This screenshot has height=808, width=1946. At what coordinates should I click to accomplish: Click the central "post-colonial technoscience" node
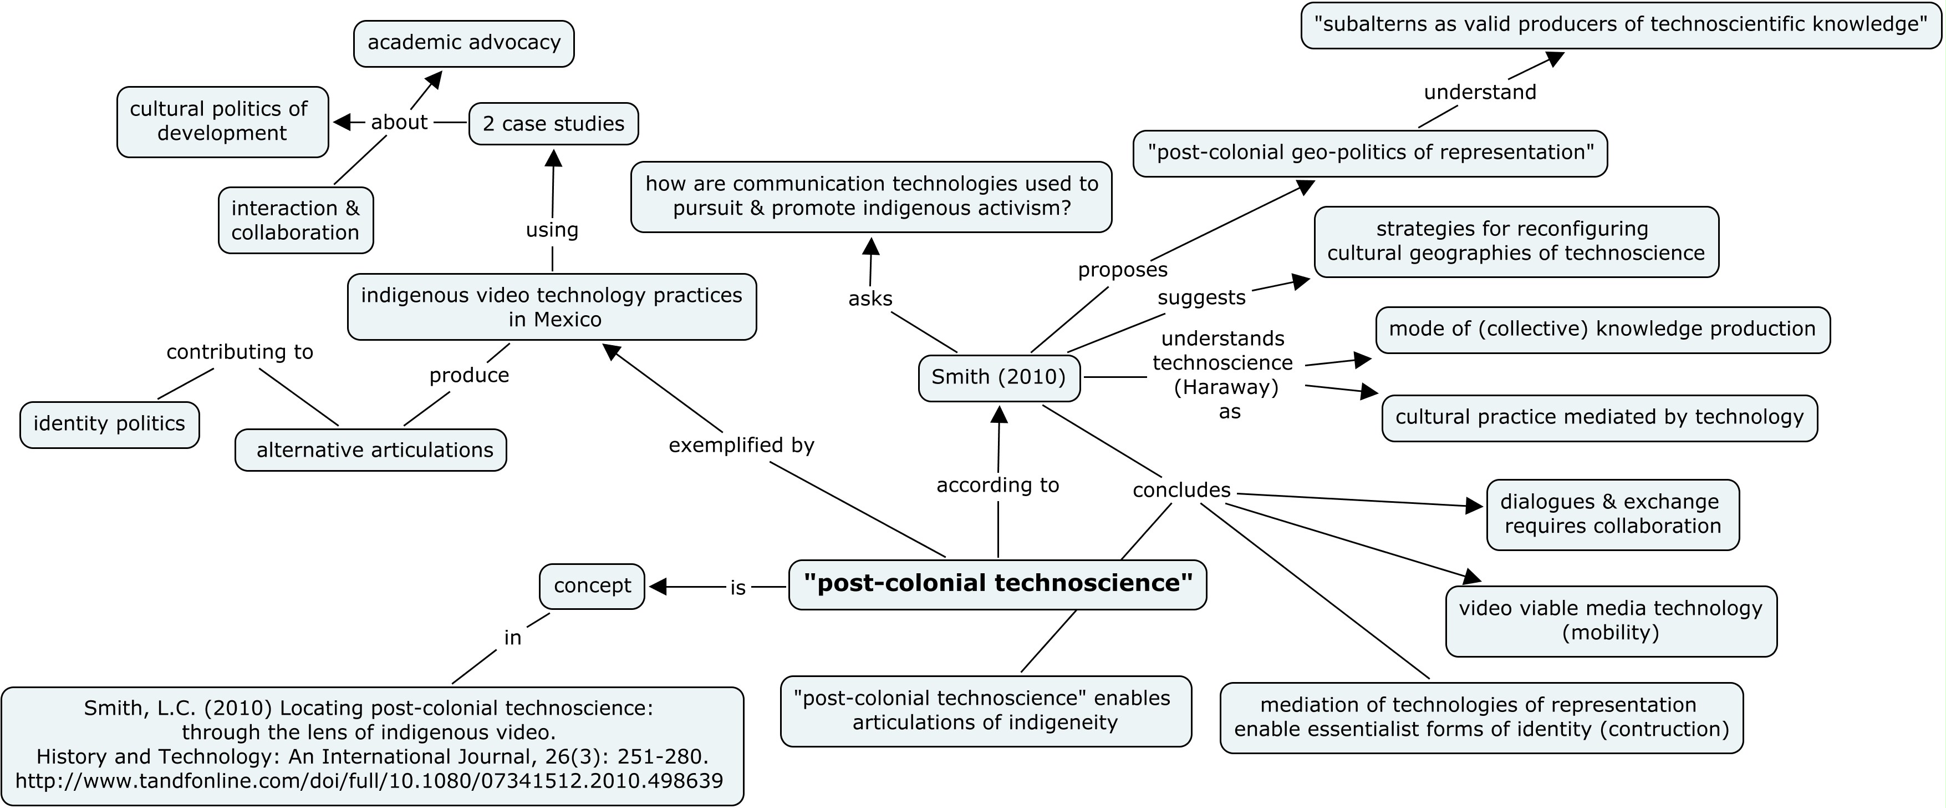(x=997, y=583)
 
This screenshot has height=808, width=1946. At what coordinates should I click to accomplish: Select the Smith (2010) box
(x=999, y=377)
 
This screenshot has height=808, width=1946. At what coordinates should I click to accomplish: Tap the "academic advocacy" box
(x=464, y=43)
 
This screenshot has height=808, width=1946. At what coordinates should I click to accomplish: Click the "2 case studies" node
(x=553, y=124)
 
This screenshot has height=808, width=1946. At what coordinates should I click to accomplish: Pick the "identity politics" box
(x=110, y=424)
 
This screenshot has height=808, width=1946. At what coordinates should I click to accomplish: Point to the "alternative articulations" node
(x=371, y=451)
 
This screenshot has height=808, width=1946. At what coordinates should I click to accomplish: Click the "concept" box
(x=592, y=586)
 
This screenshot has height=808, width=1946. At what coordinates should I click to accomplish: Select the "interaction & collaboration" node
(x=296, y=220)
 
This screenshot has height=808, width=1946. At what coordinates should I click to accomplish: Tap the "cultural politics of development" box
(x=222, y=122)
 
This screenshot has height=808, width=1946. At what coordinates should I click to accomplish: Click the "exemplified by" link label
(x=741, y=445)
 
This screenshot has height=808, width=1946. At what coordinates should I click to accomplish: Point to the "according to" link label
(x=997, y=485)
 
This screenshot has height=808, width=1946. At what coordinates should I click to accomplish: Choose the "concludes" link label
(x=1181, y=491)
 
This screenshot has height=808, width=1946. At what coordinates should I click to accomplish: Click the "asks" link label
(x=870, y=299)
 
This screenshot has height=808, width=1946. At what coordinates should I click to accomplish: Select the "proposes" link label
(x=1123, y=270)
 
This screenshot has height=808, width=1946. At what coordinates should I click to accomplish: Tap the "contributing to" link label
(x=240, y=352)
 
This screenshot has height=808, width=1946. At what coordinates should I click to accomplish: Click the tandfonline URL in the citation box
(x=369, y=781)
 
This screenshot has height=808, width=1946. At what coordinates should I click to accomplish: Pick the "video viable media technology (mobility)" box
(x=1611, y=620)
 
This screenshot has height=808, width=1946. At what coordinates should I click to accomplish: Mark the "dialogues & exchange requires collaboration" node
(x=1612, y=514)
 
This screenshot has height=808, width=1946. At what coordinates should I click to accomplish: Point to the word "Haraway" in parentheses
(x=1225, y=388)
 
